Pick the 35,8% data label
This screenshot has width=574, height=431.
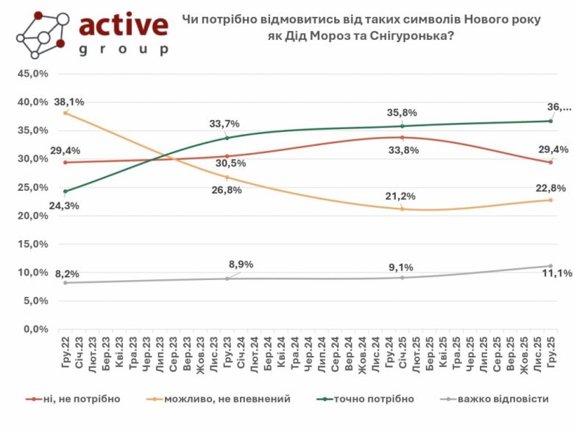[403, 113]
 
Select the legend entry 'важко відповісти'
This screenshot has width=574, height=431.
[503, 399]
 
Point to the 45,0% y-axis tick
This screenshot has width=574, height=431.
[33, 74]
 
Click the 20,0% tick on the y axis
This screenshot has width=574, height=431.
[33, 216]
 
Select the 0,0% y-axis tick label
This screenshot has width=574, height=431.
[36, 329]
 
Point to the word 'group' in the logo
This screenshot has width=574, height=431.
[123, 49]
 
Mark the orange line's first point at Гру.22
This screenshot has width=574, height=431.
[65, 113]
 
